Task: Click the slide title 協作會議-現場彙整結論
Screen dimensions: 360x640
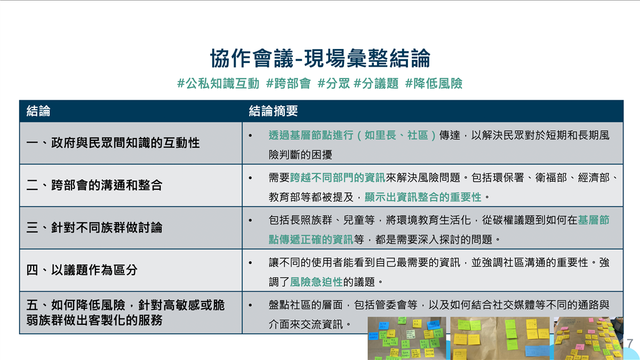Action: (320, 58)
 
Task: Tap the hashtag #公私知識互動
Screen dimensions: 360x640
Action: (218, 84)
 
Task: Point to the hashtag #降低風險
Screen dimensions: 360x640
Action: (434, 84)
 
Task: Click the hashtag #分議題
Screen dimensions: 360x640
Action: (375, 84)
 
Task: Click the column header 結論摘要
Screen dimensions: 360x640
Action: (273, 111)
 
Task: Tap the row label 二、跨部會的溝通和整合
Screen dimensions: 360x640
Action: (94, 185)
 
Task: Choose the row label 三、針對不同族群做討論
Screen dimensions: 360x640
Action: (94, 228)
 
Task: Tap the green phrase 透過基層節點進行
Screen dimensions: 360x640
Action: (311, 135)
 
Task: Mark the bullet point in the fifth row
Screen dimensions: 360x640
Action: (251, 305)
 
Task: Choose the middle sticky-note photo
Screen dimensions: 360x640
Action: (500, 338)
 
